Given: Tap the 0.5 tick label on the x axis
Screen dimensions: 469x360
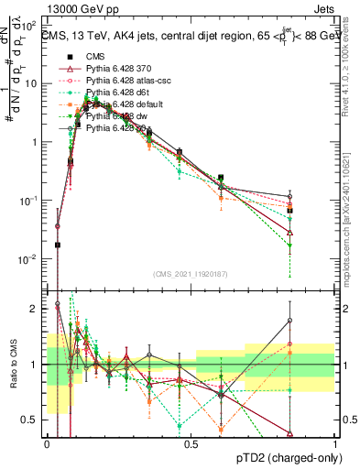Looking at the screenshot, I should tap(191, 444).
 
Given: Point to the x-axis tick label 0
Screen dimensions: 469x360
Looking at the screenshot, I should tap(48, 444).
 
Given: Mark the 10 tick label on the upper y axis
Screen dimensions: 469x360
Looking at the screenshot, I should tap(30, 83).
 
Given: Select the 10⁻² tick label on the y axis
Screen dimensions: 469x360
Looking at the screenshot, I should tap(28, 259).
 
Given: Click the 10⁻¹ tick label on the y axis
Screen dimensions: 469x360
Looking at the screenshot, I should tap(28, 201).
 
